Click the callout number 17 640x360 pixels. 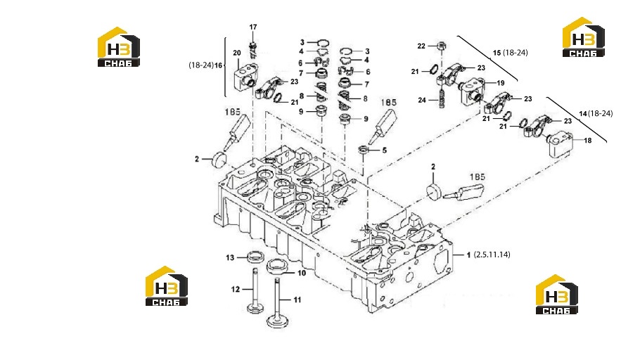pos(253,27)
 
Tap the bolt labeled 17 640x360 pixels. pos(253,49)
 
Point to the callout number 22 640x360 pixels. pos(421,46)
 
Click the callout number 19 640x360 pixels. pos(501,83)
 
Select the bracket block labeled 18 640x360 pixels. pos(560,144)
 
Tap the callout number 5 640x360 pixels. pos(384,150)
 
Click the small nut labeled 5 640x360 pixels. pos(362,150)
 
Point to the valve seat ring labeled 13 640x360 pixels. pos(256,257)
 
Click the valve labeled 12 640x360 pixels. pos(255,290)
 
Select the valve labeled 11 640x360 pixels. pos(278,303)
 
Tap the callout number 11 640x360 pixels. pos(297,300)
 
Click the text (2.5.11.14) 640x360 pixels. pos(492,255)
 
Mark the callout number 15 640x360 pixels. pos(497,53)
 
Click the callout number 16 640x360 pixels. pos(218,65)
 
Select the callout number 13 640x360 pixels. pos(230,257)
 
